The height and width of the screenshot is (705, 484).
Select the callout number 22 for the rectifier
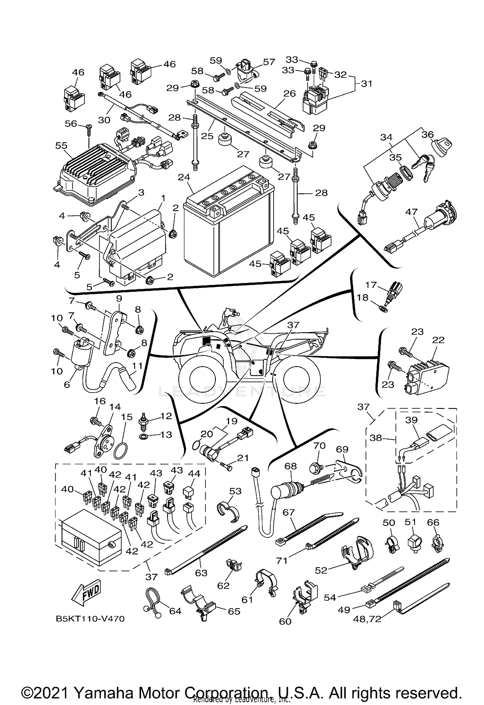point(439,340)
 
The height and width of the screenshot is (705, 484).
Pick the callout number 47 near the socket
point(411,212)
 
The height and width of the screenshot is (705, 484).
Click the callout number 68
point(290,466)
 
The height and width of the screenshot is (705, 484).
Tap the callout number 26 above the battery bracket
point(289,94)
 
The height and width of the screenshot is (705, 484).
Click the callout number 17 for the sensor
point(371,285)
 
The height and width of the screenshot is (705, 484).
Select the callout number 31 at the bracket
point(366,84)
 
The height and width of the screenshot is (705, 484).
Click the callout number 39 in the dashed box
point(412,420)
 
